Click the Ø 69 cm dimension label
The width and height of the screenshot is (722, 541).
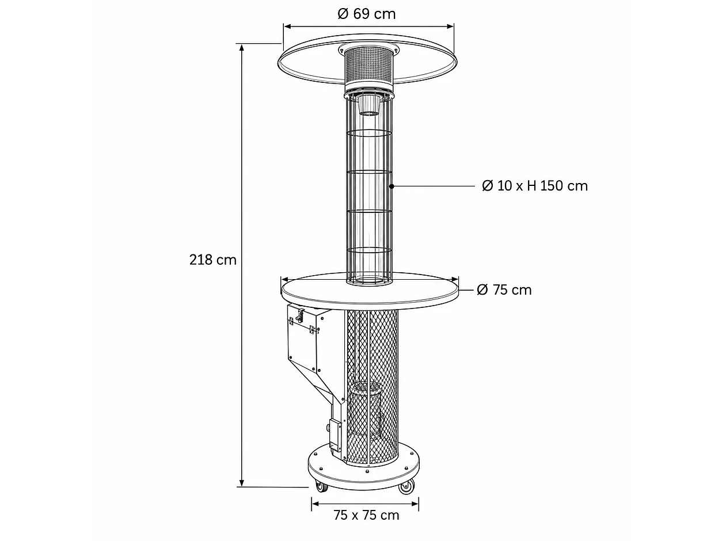pyautogui.click(x=366, y=14)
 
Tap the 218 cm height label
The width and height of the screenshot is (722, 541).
pyautogui.click(x=213, y=260)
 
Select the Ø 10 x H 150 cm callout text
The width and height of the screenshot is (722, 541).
pyautogui.click(x=535, y=186)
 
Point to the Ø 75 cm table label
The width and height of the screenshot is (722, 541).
pyautogui.click(x=504, y=290)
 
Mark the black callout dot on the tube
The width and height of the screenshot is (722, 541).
pyautogui.click(x=392, y=186)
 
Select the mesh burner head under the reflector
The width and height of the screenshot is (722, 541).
pyautogui.click(x=368, y=65)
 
